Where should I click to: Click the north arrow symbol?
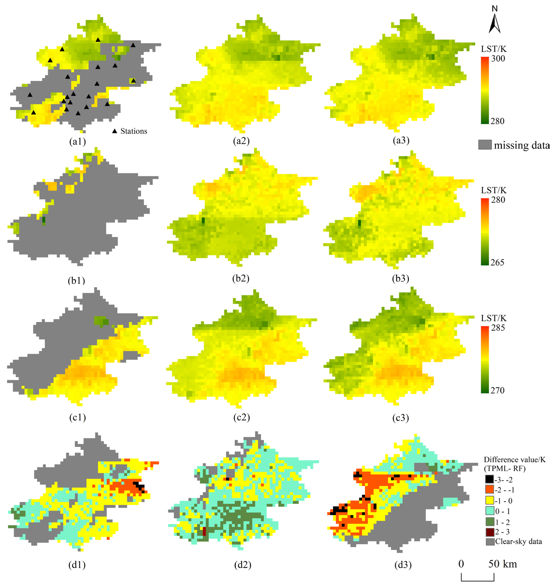coord(495,24)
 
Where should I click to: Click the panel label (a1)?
coord(77,142)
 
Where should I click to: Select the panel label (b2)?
coord(241,278)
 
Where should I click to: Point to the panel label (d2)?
coord(243,565)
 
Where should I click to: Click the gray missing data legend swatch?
coord(485,145)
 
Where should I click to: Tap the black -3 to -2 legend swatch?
coord(490,480)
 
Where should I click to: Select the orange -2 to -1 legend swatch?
coord(490,490)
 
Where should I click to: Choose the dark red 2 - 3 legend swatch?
coord(490,532)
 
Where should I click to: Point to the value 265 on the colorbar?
coord(497,262)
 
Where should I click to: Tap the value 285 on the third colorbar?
coord(498,328)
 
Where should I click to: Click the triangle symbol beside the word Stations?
coord(115,131)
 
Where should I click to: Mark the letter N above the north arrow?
coord(495,9)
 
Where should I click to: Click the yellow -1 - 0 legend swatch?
coord(490,500)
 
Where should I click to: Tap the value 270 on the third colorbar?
coord(498,390)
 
